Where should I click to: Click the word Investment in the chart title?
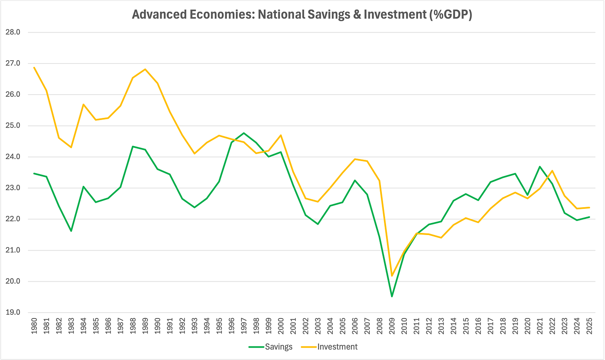click(395, 15)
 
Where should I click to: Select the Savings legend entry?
click(271, 347)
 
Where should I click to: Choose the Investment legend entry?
click(329, 347)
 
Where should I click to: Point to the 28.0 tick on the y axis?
click(13, 32)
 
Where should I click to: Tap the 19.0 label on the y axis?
click(13, 313)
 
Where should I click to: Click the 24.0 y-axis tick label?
click(13, 157)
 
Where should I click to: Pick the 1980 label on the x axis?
click(34, 326)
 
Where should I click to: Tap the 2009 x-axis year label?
click(392, 326)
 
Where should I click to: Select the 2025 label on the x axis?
click(589, 326)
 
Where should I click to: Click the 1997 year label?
click(244, 326)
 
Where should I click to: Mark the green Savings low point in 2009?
click(392, 296)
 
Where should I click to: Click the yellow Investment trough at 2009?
click(392, 276)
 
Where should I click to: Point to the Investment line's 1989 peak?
click(145, 69)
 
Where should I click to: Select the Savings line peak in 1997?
click(244, 133)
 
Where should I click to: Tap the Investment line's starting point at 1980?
click(34, 67)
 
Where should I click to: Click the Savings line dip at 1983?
click(71, 231)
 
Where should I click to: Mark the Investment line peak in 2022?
click(552, 171)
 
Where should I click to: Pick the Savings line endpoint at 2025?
click(589, 217)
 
